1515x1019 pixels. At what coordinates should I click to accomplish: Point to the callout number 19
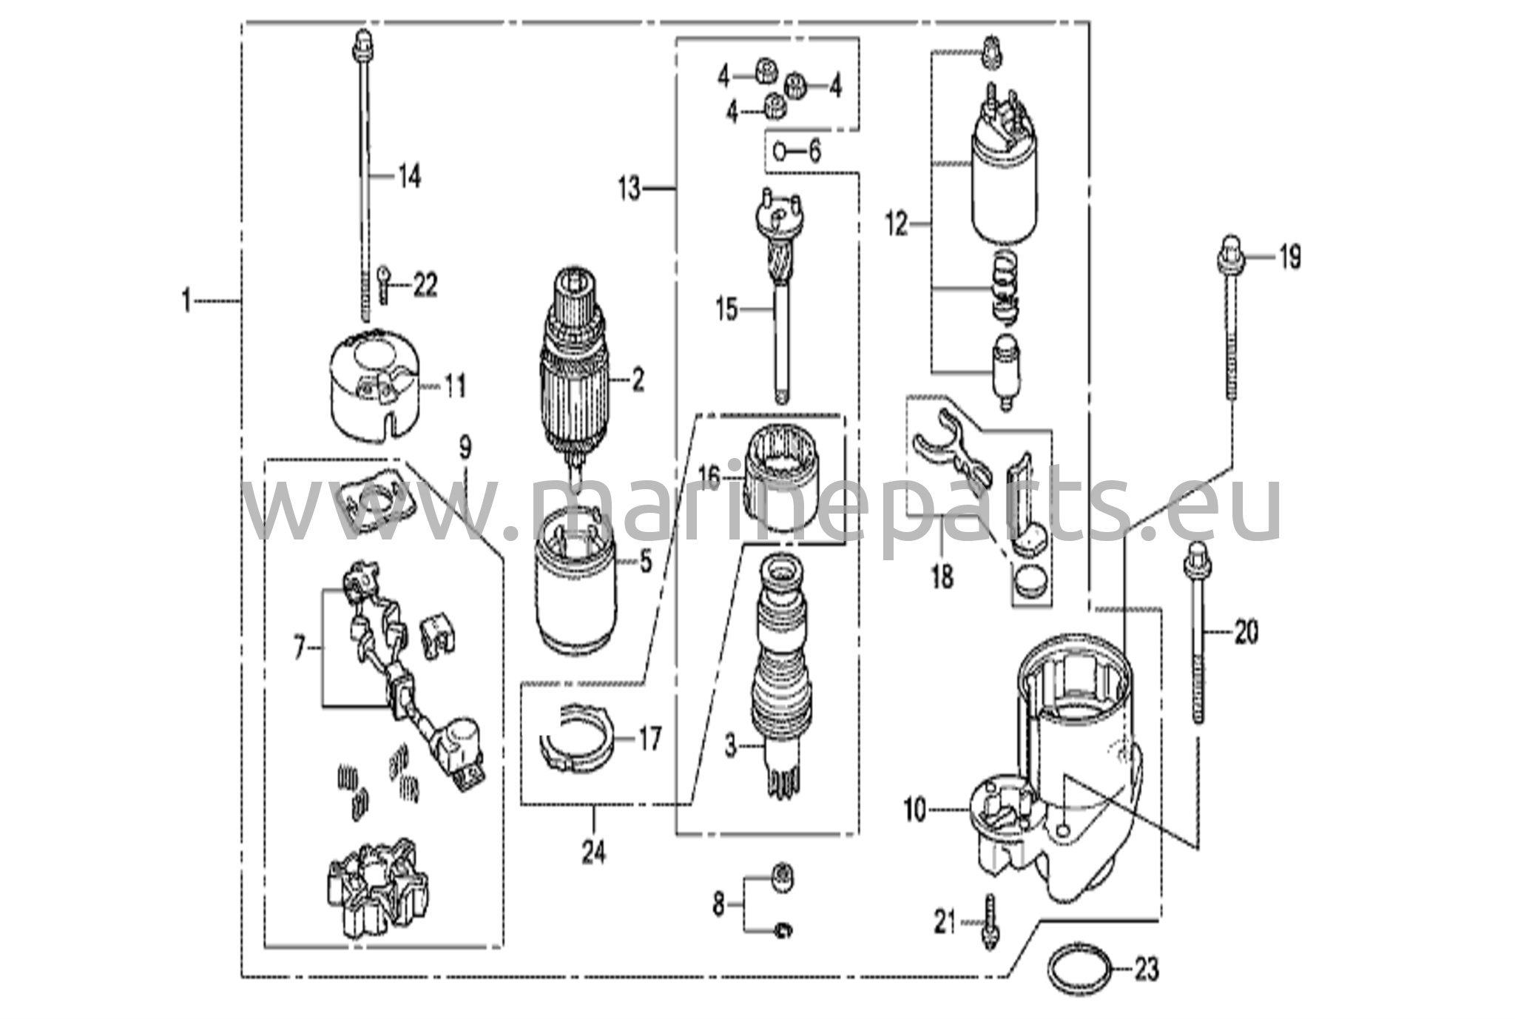coord(1290,258)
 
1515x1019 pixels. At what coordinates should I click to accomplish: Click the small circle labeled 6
coord(780,152)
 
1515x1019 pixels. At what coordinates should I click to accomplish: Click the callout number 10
coord(914,810)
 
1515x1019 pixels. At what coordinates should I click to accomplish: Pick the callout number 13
coord(630,189)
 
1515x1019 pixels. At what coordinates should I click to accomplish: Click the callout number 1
coord(187,300)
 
